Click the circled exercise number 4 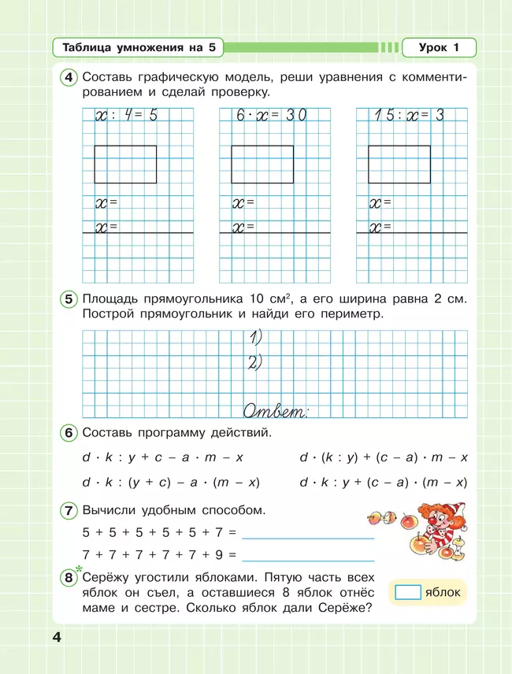69,78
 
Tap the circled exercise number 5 69,299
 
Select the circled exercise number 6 69,433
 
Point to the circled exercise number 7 69,510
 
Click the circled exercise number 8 69,580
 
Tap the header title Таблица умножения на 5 139,48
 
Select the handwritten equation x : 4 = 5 127,116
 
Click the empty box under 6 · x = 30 262,164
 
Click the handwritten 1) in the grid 254,339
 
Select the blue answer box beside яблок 406,592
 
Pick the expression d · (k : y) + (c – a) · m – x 384,457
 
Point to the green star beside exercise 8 79,570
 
